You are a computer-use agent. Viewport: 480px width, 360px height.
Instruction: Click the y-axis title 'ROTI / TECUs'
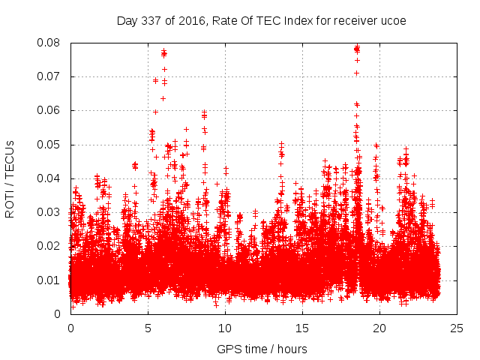pyautogui.click(x=10, y=178)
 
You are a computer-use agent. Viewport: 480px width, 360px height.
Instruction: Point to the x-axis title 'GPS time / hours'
pyautogui.click(x=262, y=349)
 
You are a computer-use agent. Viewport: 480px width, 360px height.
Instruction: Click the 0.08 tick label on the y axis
pyautogui.click(x=52, y=43)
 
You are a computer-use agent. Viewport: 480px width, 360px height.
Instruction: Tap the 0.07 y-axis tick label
pyautogui.click(x=52, y=76)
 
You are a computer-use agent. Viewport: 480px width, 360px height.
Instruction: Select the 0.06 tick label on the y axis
pyautogui.click(x=52, y=110)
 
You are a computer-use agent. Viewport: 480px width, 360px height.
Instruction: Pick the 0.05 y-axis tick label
pyautogui.click(x=52, y=144)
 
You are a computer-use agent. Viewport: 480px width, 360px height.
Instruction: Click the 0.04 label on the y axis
pyautogui.click(x=52, y=178)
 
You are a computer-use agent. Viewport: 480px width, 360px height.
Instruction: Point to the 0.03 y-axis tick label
pyautogui.click(x=52, y=212)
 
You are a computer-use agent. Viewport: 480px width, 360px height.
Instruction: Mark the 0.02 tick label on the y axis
pyautogui.click(x=52, y=246)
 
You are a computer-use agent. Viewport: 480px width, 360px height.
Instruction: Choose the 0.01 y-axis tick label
pyautogui.click(x=52, y=280)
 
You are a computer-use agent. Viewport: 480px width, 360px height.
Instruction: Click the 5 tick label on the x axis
pyautogui.click(x=148, y=328)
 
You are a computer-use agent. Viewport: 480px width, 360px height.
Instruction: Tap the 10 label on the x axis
pyautogui.click(x=225, y=328)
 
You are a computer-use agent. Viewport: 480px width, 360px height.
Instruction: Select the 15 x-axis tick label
pyautogui.click(x=302, y=328)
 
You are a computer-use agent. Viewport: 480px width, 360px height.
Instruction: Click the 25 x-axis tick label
pyautogui.click(x=457, y=328)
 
